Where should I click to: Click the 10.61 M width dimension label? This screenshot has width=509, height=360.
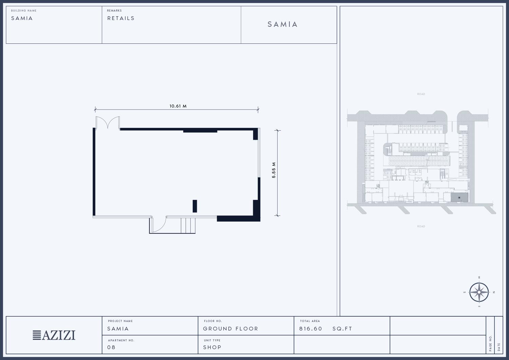tap(178, 106)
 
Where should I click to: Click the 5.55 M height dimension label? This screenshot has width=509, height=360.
tap(274, 170)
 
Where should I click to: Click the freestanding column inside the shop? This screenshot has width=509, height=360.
tap(195, 206)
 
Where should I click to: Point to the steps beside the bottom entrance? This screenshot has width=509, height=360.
tap(188, 225)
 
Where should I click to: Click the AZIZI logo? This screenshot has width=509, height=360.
tap(54, 335)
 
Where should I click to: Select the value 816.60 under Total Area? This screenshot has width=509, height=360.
tap(310, 329)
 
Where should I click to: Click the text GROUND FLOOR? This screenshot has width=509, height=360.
tap(230, 329)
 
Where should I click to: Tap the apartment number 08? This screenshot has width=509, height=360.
tap(111, 347)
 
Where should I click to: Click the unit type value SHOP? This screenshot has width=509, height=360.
tap(212, 347)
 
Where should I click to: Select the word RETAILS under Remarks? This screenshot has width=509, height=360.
tap(121, 18)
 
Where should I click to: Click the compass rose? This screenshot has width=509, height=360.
tap(479, 292)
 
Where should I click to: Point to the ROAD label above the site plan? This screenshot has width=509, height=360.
tap(421, 94)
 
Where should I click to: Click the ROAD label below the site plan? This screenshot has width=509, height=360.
tap(421, 226)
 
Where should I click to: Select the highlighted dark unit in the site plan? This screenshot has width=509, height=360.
tap(459, 197)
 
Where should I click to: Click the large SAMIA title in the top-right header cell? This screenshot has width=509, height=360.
tap(282, 24)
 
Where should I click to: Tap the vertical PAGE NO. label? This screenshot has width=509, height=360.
tap(490, 343)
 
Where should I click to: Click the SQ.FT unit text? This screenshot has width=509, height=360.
tap(342, 329)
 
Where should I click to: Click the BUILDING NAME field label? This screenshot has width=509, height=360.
tap(24, 11)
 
